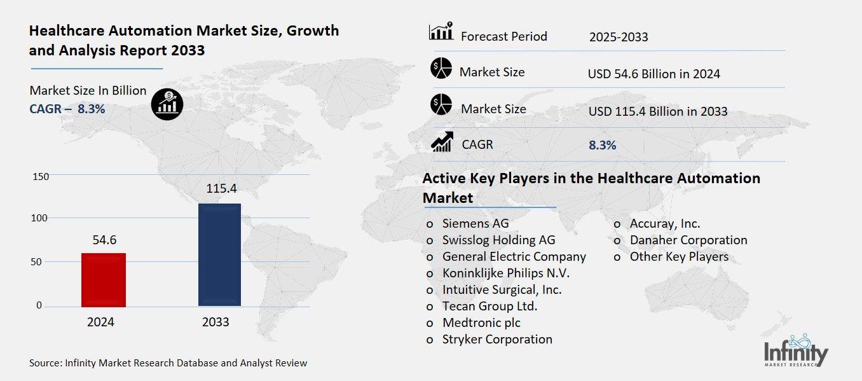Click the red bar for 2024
104,279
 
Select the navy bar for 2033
219,254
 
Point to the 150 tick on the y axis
41,176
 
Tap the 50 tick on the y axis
38,262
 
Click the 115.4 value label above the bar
221,189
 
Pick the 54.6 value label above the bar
104,240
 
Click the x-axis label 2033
215,322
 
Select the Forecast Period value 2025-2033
618,37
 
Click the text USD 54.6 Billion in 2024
653,74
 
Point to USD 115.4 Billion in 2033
657,111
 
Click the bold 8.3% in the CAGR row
602,145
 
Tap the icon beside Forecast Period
441,32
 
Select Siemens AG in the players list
475,223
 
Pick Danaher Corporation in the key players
688,240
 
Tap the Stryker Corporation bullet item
496,339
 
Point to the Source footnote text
168,363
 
